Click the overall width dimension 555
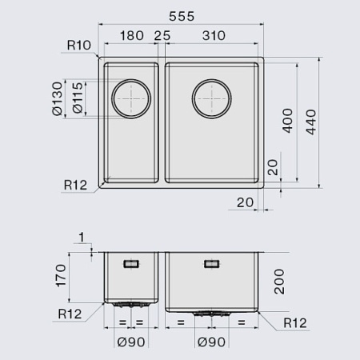point(182,17)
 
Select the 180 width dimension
point(132,36)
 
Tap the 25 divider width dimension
point(162,36)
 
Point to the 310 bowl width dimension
point(214,36)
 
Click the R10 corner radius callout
point(79,46)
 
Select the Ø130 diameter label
point(58,98)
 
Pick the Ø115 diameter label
point(78,98)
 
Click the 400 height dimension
point(287,121)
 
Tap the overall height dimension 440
point(310,122)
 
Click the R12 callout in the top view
point(75,185)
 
